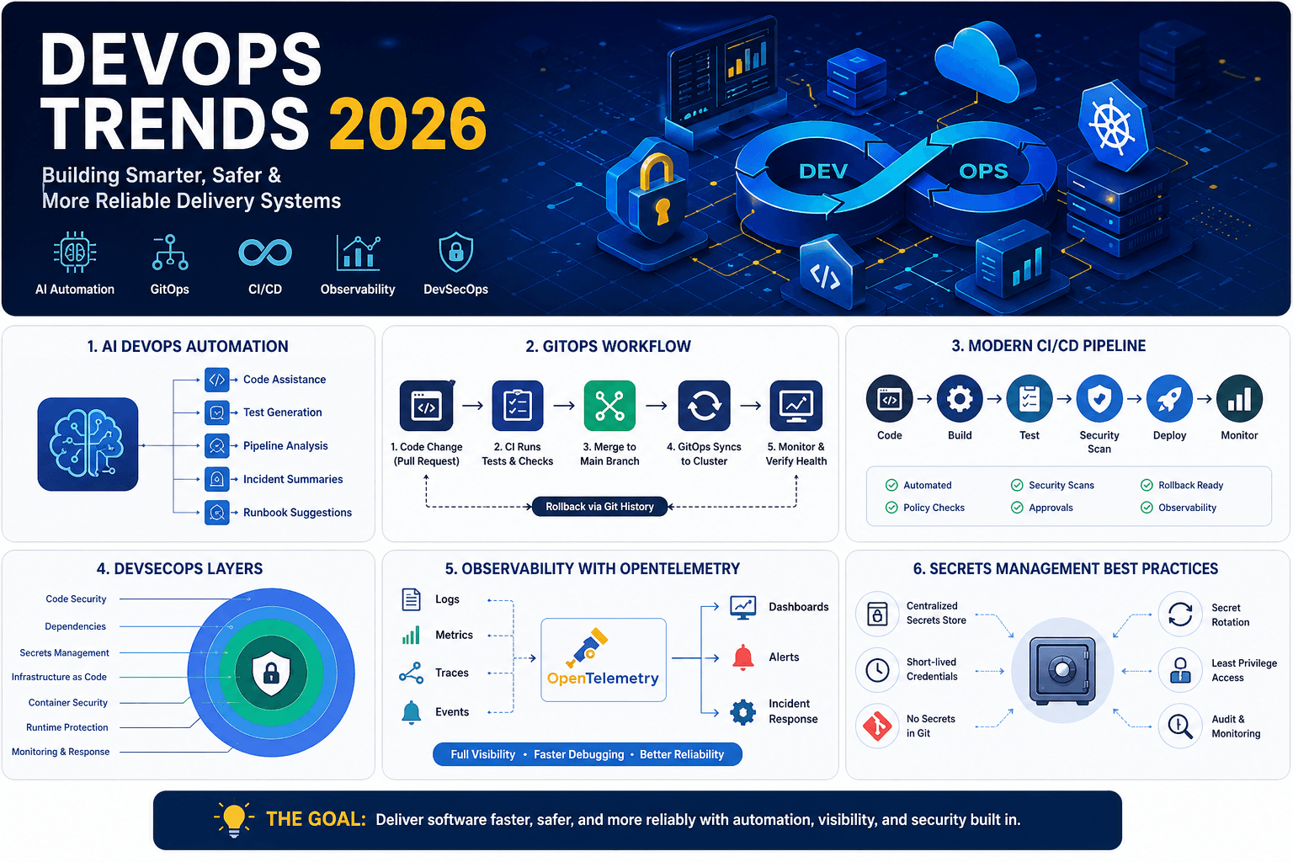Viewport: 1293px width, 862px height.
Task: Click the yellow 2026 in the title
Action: (407, 124)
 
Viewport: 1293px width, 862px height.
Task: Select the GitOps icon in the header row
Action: (170, 253)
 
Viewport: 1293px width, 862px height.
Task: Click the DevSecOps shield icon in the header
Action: (455, 252)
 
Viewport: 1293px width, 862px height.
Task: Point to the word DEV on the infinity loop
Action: (822, 172)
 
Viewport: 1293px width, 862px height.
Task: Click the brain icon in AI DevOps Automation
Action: (88, 444)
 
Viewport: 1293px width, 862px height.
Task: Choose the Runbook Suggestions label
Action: (297, 513)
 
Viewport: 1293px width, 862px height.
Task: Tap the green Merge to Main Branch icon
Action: (609, 406)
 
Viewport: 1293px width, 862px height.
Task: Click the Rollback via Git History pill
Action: (599, 507)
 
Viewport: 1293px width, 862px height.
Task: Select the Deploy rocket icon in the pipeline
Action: (1169, 399)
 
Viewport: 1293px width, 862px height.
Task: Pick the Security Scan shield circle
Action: (1099, 399)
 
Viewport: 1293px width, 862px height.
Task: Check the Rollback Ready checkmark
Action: (1147, 485)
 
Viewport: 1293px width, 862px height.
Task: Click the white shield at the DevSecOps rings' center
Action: (271, 673)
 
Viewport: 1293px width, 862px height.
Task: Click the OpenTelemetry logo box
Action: (603, 660)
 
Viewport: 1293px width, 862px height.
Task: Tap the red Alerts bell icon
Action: (743, 657)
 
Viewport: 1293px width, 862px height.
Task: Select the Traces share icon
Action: (411, 673)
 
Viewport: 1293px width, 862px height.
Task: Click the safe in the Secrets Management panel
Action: (1062, 670)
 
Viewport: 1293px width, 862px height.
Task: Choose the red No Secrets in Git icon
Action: (877, 726)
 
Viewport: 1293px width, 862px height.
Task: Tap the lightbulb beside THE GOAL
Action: (233, 819)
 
